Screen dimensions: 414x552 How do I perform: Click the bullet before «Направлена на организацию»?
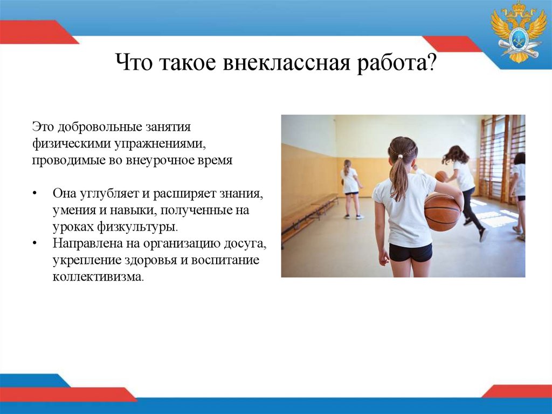[35, 244]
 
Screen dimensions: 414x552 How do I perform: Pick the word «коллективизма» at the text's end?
[98, 277]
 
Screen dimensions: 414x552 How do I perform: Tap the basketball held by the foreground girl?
[442, 212]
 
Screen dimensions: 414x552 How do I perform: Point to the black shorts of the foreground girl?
[410, 252]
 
